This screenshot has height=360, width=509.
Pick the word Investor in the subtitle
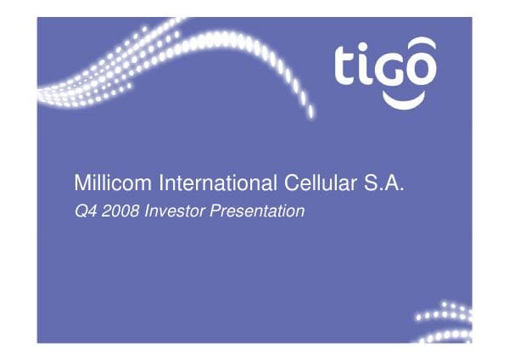click(174, 211)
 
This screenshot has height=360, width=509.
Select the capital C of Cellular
click(288, 183)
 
